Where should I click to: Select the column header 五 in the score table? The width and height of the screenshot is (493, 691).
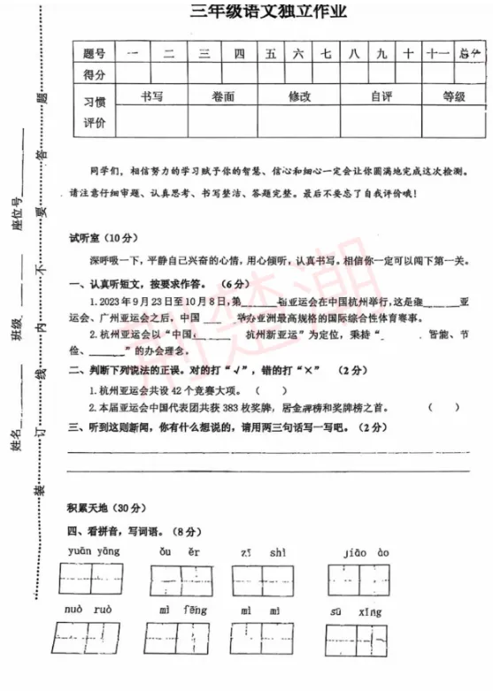coord(270,53)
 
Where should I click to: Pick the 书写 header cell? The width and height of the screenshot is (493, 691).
coord(151,96)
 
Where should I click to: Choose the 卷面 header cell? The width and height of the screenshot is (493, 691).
coord(223,96)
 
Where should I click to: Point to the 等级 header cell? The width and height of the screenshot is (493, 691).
coord(453,96)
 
